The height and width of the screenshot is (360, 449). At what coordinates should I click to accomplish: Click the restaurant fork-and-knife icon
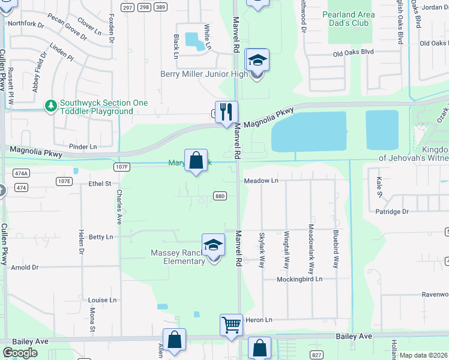click(226, 112)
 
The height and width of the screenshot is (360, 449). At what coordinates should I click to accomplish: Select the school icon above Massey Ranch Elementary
click(213, 245)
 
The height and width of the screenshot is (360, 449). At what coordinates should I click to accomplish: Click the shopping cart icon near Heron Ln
click(231, 325)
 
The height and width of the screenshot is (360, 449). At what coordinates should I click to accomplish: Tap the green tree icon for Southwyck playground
click(51, 106)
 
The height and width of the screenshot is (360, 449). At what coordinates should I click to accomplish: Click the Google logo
click(20, 353)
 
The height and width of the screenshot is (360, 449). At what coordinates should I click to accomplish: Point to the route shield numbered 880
click(220, 197)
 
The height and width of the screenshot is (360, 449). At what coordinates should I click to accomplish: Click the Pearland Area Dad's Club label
click(353, 18)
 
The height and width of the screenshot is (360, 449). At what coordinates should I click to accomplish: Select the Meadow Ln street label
click(261, 181)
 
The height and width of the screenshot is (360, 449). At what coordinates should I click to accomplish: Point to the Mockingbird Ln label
click(300, 280)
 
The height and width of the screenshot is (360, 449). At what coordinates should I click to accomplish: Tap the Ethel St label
click(100, 184)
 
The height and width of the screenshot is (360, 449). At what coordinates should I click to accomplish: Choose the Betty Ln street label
click(101, 237)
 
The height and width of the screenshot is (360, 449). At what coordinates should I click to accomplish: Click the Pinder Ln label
click(83, 146)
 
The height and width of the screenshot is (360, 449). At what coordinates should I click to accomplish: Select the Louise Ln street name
click(102, 300)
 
